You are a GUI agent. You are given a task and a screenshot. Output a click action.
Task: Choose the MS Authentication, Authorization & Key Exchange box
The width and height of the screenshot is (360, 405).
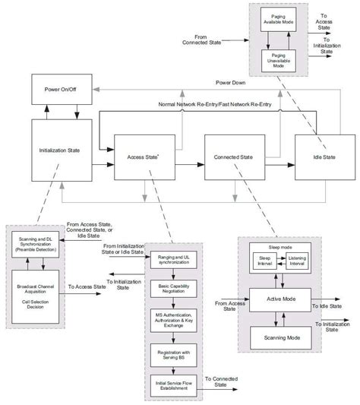click(173, 319)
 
